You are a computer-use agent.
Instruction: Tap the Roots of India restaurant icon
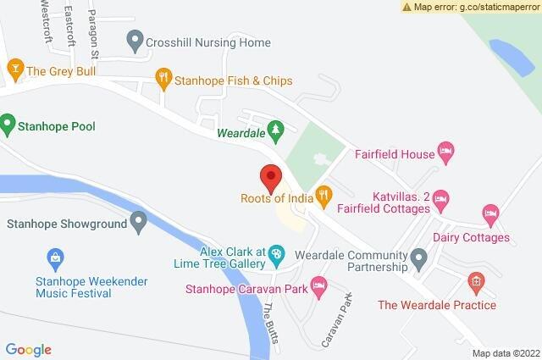pos(323,197)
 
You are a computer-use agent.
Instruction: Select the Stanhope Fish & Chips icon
pos(164,80)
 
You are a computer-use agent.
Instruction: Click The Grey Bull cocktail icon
pos(14,67)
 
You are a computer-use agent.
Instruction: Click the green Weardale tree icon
pos(274,130)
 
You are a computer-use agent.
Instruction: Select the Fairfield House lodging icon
pos(446,152)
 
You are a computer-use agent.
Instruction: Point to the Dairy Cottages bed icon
pos(489,212)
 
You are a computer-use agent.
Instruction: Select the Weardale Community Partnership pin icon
pos(418,258)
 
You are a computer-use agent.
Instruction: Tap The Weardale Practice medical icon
pos(476,280)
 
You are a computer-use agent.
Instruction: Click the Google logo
pos(29,349)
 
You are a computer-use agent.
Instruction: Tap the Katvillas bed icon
pos(440,200)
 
